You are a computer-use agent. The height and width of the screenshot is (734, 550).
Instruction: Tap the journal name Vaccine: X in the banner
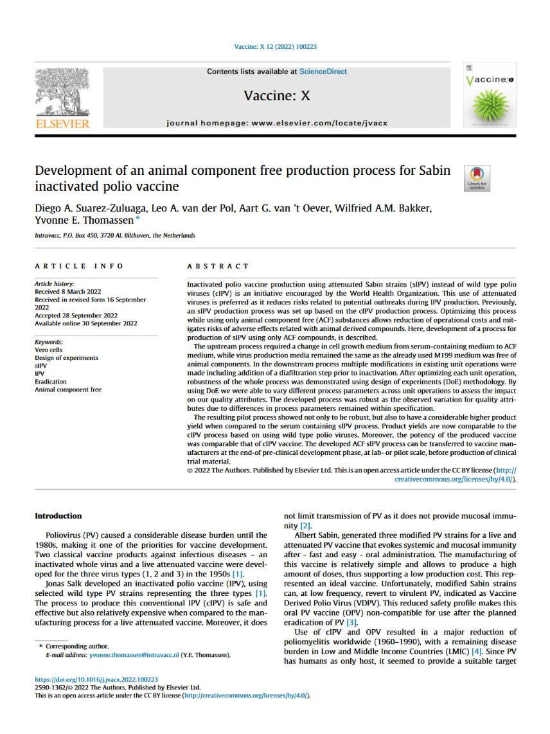point(277,96)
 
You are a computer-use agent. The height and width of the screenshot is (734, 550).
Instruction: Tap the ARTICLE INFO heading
point(79,266)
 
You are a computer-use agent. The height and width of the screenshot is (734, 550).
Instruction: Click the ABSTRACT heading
point(217,266)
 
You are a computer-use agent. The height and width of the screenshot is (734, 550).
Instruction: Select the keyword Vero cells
point(49,350)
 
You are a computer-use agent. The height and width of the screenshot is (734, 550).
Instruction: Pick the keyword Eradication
point(51,381)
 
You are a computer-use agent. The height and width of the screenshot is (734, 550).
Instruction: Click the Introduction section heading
point(58,515)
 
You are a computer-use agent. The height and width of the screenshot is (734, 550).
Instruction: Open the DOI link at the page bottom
point(96,679)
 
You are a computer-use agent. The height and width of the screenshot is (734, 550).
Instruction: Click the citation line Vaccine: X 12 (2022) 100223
point(275,46)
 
